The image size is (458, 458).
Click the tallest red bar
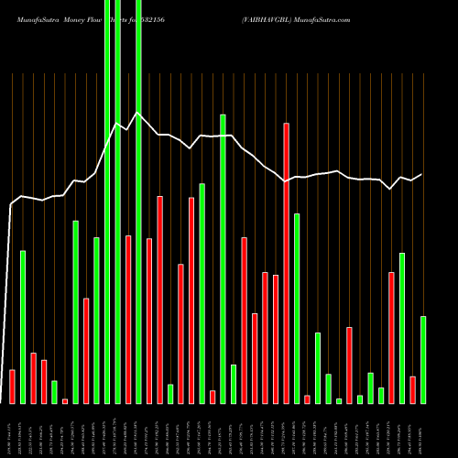coord(286,263)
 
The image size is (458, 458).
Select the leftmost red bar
coord(12,386)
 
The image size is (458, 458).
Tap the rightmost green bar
coord(423,359)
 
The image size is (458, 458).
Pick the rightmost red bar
coord(412,389)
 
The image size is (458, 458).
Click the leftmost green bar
coord(23,326)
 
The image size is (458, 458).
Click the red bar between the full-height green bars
coord(128,319)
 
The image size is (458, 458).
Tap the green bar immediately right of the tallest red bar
coord(297,308)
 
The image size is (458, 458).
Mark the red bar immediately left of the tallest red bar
coord(276,339)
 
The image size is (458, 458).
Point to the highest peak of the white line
coord(136,113)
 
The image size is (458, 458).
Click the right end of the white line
coord(422,174)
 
